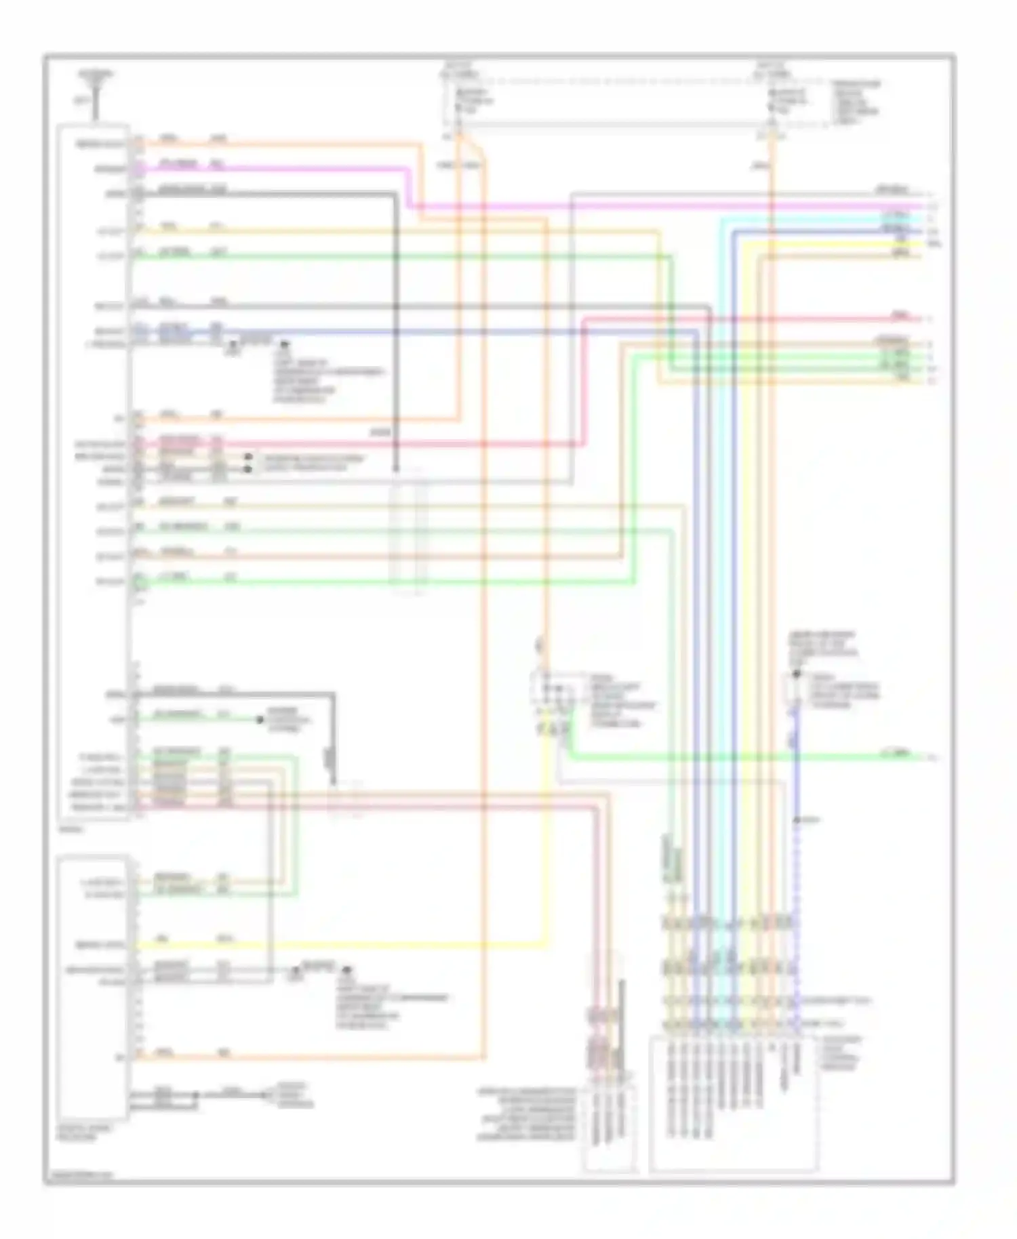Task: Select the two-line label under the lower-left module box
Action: (78, 1133)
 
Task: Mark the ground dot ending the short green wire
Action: (260, 720)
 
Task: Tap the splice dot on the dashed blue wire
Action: (797, 821)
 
